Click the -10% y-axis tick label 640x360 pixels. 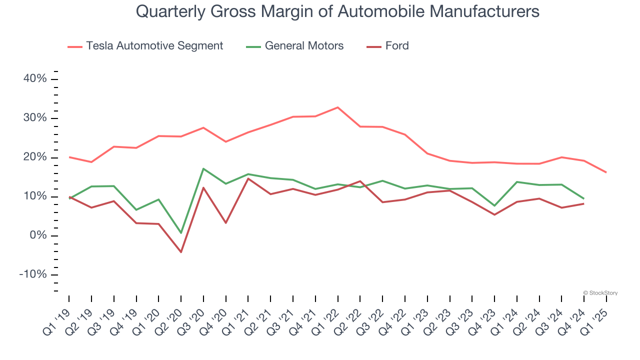click(x=32, y=274)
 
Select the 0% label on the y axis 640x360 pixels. click(x=38, y=235)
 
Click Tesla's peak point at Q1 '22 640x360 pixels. click(x=338, y=107)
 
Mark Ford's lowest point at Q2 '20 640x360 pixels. click(x=181, y=252)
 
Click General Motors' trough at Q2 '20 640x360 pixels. click(x=181, y=233)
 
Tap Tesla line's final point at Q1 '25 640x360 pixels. click(x=606, y=172)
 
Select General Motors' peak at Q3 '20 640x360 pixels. click(x=203, y=168)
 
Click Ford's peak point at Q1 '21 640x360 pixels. click(x=248, y=178)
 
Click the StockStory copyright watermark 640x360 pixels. click(x=600, y=293)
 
